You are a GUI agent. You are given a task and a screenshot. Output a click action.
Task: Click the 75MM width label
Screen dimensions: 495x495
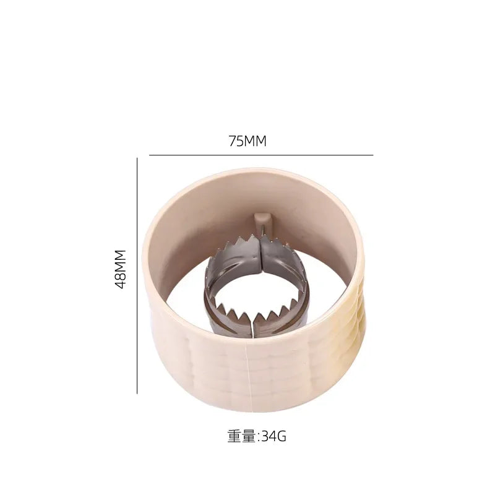pos(247,141)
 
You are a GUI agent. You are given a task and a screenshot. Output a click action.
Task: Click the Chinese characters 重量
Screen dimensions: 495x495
pos(241,436)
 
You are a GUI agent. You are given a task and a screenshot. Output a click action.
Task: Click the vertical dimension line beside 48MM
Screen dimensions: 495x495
pos(137,275)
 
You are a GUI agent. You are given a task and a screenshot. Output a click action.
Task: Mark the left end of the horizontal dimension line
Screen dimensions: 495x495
pos(150,155)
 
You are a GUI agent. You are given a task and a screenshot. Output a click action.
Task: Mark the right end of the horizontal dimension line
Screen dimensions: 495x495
pos(373,155)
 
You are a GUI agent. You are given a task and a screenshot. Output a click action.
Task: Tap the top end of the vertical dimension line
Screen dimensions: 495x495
pos(137,158)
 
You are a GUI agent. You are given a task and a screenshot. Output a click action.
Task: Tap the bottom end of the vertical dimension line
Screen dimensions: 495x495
pos(137,393)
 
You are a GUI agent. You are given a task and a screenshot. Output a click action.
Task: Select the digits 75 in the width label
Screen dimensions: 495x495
pos(236,141)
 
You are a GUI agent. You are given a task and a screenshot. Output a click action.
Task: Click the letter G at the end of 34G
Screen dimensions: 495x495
pos(282,436)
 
